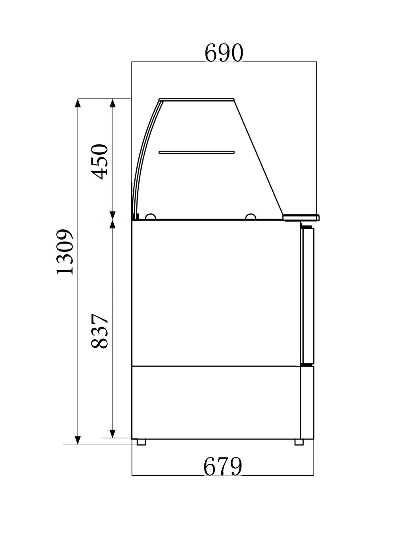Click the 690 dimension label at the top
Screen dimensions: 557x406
click(x=224, y=53)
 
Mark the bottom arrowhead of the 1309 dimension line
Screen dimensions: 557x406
click(x=78, y=440)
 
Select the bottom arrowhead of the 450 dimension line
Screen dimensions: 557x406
click(x=113, y=215)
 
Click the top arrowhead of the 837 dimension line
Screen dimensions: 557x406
click(x=113, y=225)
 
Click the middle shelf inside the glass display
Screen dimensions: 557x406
click(x=197, y=152)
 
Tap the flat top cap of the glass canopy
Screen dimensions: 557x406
click(x=197, y=99)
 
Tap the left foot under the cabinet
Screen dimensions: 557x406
click(x=141, y=442)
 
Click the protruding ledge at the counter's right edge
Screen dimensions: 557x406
click(x=302, y=217)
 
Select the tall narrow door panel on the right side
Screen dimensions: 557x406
click(x=307, y=296)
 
